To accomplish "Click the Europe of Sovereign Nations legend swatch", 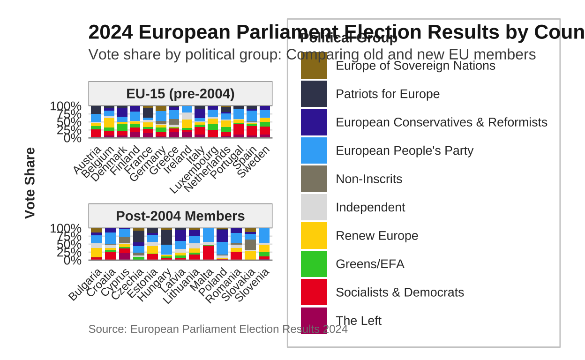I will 314,66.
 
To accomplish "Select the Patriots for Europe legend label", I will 388,94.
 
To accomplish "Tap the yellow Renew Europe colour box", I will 314,235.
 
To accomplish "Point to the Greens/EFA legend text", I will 370,264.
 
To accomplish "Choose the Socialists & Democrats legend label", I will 400,292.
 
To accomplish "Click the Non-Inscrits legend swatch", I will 314,179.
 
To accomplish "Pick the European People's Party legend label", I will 405,150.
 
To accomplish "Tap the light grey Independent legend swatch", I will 314,207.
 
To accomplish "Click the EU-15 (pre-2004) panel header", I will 180,94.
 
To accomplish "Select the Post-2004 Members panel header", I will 180,216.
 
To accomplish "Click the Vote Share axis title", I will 30,183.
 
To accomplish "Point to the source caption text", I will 218,329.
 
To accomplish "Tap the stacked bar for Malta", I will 208,244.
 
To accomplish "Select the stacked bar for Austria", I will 96,122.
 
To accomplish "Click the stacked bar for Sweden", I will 265,122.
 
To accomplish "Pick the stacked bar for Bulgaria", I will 96,244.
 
